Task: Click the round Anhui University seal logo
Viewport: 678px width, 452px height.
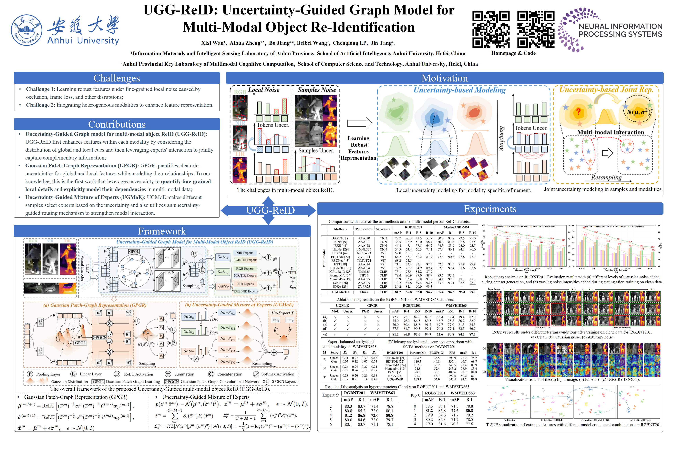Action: point(26,30)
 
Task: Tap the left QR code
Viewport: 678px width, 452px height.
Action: point(491,29)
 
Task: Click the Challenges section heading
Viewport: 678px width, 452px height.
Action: point(117,78)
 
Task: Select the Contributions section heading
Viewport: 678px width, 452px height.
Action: point(117,124)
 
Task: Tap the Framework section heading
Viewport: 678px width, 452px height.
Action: point(162,231)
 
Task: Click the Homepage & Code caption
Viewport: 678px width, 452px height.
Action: point(513,53)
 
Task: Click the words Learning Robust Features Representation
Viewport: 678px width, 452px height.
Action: point(358,148)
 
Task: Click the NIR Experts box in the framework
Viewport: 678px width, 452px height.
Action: point(245,253)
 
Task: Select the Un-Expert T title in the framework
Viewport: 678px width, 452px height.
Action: point(282,313)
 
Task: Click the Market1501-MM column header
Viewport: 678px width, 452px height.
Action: point(456,227)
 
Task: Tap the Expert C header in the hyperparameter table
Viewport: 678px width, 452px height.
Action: point(330,395)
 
